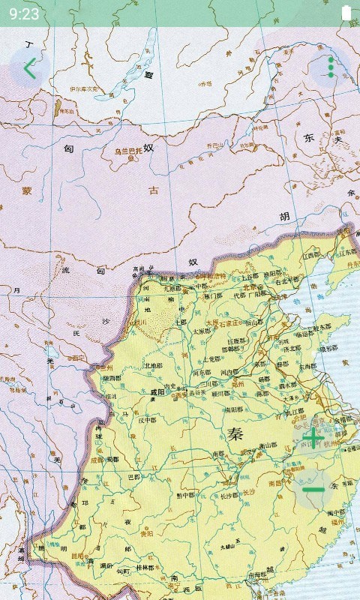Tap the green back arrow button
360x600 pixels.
pos(29,69)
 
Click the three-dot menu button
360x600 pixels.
pos(331,67)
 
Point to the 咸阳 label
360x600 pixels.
pos(157,391)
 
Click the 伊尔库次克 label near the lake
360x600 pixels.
pos(83,88)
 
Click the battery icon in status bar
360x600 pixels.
pos(346,12)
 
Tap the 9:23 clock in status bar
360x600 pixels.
pos(24,13)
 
